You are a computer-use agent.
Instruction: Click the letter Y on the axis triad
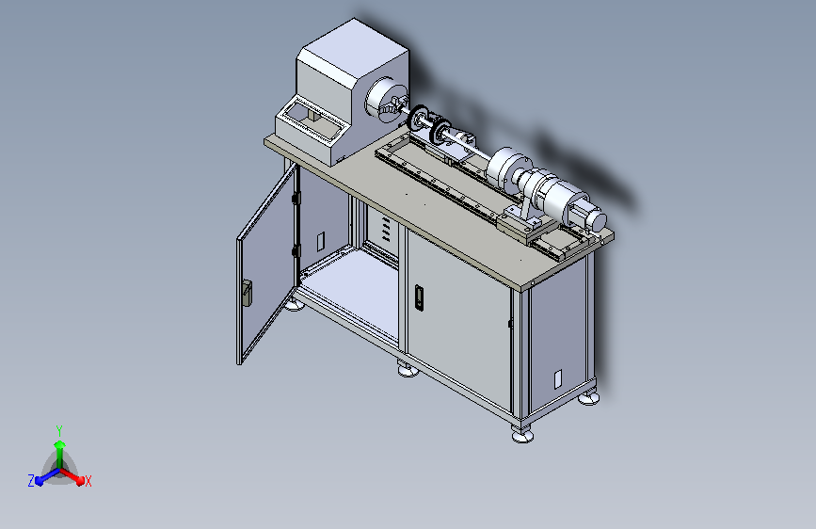[x=59, y=430]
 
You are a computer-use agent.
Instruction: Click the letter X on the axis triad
[x=88, y=482]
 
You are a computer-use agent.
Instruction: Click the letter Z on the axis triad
[x=31, y=481]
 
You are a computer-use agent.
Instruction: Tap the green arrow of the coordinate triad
[x=60, y=455]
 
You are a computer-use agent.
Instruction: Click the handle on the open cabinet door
[x=247, y=293]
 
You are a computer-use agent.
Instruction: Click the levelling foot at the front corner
[x=522, y=434]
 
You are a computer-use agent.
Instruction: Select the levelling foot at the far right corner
[x=588, y=398]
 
